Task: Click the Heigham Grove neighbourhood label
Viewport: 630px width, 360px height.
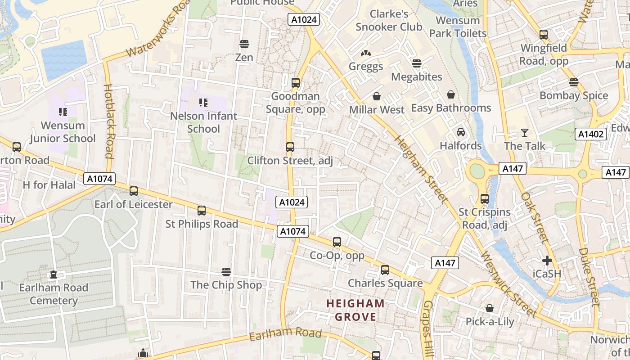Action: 355,310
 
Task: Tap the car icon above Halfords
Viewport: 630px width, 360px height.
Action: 461,132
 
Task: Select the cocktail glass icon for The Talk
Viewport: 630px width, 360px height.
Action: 524,132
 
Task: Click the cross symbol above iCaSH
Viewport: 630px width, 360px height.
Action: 547,260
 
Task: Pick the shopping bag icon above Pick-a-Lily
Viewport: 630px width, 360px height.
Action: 490,308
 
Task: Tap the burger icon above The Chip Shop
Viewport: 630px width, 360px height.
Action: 226,271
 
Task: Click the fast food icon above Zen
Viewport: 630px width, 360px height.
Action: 244,44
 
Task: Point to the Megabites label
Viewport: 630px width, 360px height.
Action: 417,76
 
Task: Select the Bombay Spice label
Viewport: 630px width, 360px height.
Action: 573,95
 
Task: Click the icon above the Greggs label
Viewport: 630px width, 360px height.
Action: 366,53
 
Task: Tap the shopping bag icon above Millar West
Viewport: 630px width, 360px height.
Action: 377,96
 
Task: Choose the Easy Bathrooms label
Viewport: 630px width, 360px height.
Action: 451,108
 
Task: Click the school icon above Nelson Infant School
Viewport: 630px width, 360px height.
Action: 203,103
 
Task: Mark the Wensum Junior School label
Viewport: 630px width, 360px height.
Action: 63,132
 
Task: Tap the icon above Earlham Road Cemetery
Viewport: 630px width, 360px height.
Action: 54,274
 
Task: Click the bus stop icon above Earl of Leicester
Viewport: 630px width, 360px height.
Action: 133,191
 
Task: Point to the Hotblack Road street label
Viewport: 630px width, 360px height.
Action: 109,121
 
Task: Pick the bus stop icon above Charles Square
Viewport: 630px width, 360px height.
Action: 385,270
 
